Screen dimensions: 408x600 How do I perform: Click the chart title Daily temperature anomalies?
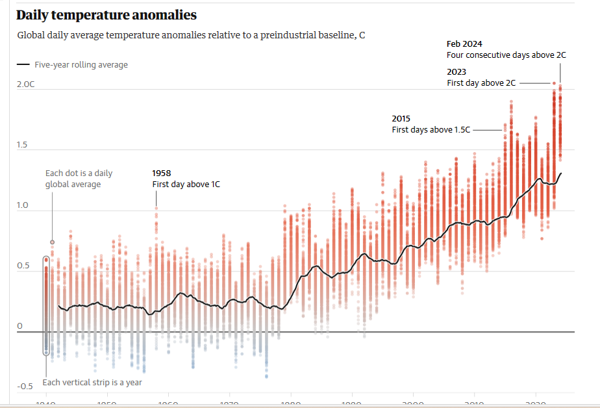click(x=106, y=15)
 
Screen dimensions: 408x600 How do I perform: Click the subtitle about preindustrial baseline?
click(x=191, y=35)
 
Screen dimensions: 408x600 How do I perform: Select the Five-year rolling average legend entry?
click(x=73, y=65)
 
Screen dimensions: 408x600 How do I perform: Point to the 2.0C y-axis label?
click(x=25, y=84)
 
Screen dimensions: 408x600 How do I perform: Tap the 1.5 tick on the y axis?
click(x=23, y=145)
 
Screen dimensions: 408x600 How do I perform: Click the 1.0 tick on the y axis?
click(x=23, y=205)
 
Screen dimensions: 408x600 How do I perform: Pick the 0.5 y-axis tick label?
click(x=23, y=266)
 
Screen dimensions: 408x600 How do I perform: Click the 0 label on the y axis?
click(x=19, y=326)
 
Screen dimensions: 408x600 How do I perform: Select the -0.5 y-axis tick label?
click(x=25, y=387)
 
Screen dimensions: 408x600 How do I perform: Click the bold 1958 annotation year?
click(x=162, y=173)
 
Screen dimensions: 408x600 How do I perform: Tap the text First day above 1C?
click(x=186, y=185)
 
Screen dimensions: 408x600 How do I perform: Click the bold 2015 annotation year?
click(x=401, y=119)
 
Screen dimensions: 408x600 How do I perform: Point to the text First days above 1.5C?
click(x=431, y=130)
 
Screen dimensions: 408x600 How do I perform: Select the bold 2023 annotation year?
click(x=456, y=71)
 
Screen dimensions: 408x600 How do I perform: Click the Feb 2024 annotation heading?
click(x=464, y=44)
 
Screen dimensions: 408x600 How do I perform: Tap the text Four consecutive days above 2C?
click(x=506, y=55)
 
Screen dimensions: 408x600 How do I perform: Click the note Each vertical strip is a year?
click(x=92, y=382)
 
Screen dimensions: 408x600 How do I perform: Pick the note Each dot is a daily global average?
click(x=79, y=179)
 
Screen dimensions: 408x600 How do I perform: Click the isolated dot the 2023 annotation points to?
click(x=554, y=83)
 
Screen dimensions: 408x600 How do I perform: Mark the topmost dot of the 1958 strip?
click(x=156, y=209)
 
